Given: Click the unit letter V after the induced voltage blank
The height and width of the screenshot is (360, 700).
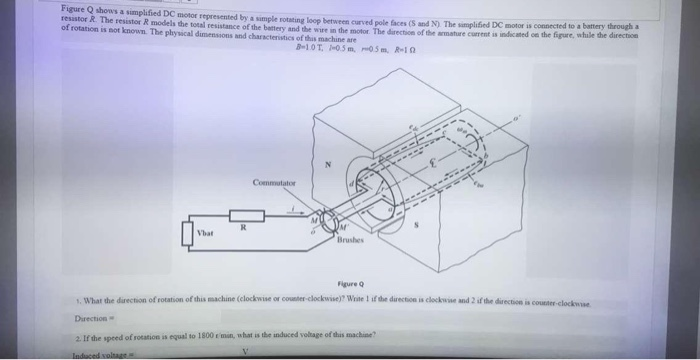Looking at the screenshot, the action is (x=244, y=353).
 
